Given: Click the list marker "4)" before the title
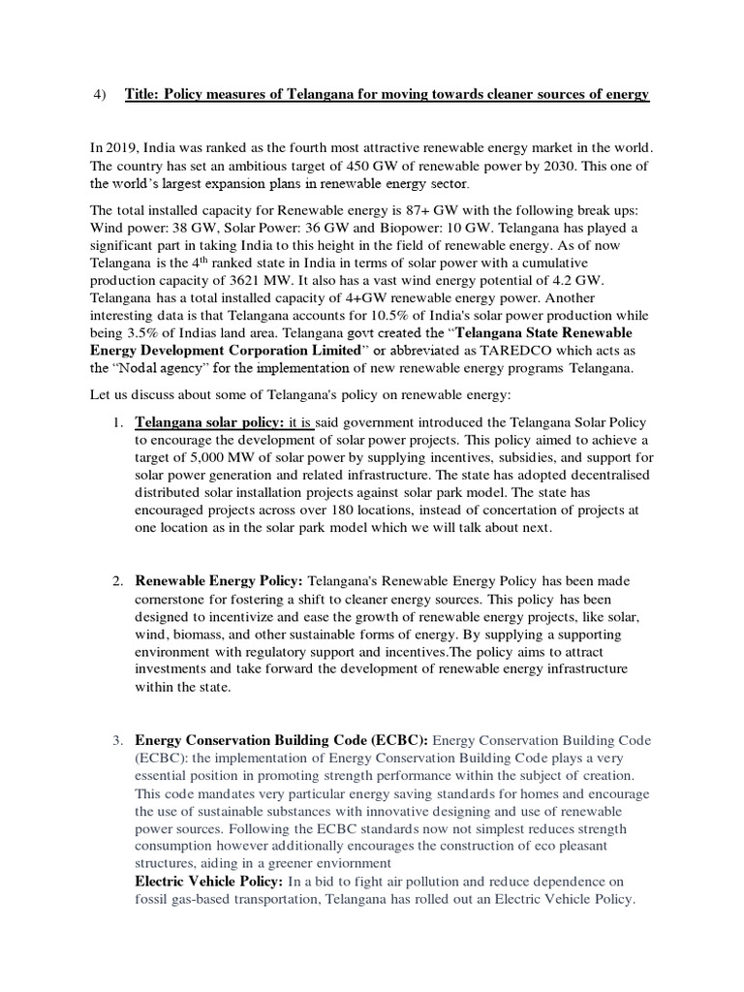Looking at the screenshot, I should pos(97,94).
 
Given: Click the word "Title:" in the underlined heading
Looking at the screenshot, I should pos(143,94).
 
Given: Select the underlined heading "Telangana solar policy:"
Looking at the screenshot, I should pos(209,423).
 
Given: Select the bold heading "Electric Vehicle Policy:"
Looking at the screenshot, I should pos(209,881).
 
